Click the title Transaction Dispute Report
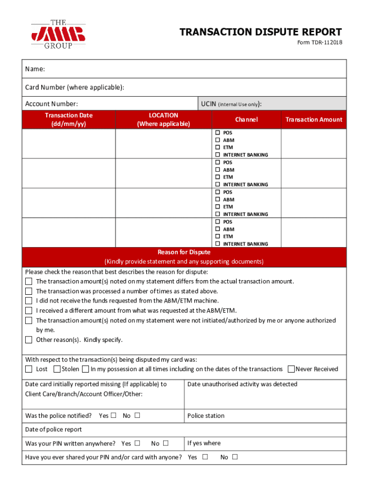coord(260,32)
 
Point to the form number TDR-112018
coord(320,43)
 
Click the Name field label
coord(35,69)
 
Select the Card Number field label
coord(74,88)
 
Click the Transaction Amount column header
coord(313,120)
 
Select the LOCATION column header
coord(163,120)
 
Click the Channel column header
coord(246,120)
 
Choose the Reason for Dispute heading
coord(184,252)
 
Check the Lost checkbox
coord(29,369)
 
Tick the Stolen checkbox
coord(57,369)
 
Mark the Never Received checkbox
coord(291,369)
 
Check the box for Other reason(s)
coord(29,340)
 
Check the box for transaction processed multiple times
coord(29,291)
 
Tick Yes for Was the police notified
coord(114,416)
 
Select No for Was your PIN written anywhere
coord(166,444)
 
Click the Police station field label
coord(206,416)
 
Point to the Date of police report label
coord(53,429)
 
